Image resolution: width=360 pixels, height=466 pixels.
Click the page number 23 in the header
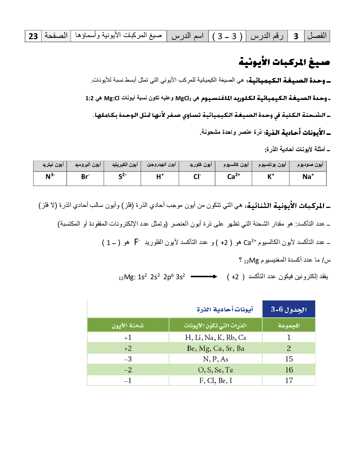33,36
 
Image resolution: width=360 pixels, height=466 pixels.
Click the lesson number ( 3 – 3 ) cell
227,36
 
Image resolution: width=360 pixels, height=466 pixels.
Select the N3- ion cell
50,177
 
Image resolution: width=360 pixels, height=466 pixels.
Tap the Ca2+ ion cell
233,177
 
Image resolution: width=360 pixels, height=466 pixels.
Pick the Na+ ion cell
308,177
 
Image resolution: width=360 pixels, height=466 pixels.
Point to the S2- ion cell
122,177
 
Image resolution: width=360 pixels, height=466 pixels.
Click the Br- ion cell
85,177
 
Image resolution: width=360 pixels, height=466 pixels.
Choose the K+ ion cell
270,177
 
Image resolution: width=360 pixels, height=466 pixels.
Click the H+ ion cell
160,177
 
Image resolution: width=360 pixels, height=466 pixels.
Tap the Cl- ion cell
197,177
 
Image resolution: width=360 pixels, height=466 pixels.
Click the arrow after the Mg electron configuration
204,277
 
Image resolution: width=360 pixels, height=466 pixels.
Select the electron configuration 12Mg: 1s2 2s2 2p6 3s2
152,277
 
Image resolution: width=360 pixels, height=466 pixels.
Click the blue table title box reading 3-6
289,309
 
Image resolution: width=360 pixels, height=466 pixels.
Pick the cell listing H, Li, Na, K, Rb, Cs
216,337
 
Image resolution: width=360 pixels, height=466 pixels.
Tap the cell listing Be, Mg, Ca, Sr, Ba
216,348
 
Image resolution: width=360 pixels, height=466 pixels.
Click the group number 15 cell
289,359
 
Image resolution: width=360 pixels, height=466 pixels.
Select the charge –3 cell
128,359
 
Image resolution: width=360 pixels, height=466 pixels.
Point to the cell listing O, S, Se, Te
216,370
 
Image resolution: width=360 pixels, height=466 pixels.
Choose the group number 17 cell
289,381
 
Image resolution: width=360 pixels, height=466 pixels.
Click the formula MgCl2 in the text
183,98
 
